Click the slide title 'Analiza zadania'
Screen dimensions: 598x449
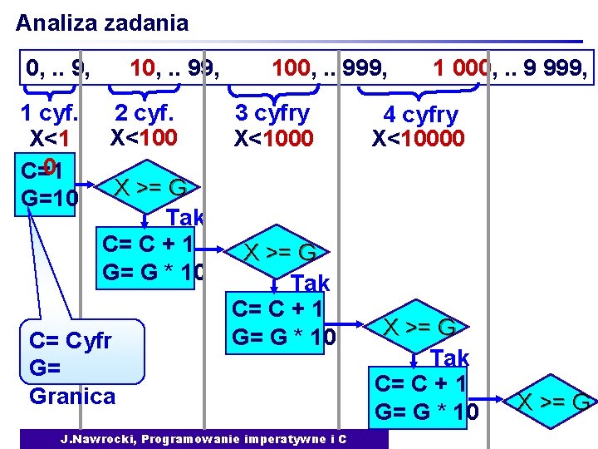click(x=102, y=22)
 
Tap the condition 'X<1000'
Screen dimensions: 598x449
click(x=273, y=138)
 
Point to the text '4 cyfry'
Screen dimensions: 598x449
click(x=419, y=116)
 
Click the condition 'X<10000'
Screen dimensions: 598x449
click(x=418, y=138)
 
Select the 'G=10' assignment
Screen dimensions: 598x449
click(x=51, y=199)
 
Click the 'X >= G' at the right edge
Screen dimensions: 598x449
click(x=553, y=402)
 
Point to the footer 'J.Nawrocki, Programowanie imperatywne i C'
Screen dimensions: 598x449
click(x=203, y=438)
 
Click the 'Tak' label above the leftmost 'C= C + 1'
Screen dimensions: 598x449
click(x=184, y=219)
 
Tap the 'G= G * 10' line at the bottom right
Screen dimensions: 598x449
click(x=427, y=412)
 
